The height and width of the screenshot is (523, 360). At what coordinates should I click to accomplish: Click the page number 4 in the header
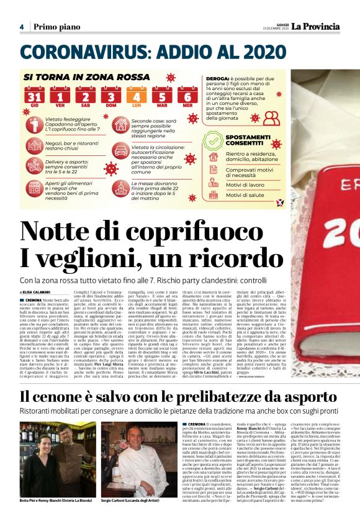coord(21,27)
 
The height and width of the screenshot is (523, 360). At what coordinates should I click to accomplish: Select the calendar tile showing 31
coord(35,98)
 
